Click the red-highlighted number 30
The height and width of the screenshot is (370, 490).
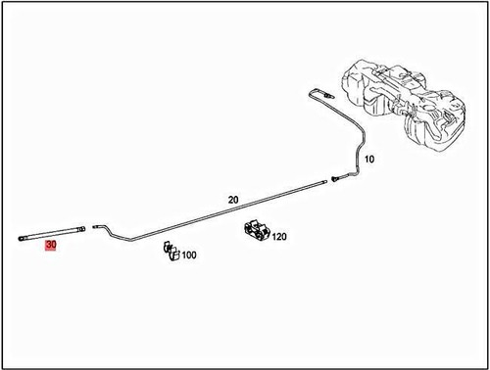click(51, 246)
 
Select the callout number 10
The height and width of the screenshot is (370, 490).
click(369, 158)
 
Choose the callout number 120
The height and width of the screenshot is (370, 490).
click(279, 236)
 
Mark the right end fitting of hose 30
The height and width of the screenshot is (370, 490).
click(82, 231)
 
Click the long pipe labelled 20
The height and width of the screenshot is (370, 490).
click(225, 210)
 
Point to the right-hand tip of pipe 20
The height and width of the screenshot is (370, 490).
click(325, 183)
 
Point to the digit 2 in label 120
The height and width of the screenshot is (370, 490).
click(279, 236)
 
